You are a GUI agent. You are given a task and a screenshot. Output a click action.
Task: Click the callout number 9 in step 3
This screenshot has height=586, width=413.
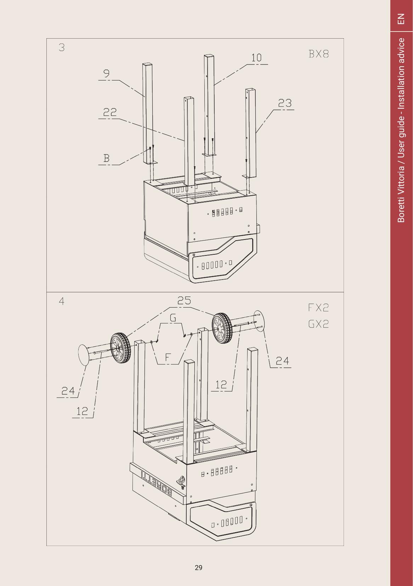[x=107, y=73]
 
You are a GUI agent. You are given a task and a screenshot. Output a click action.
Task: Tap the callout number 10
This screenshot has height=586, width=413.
[x=256, y=58]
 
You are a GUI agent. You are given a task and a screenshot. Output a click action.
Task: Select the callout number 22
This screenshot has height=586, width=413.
[x=110, y=112]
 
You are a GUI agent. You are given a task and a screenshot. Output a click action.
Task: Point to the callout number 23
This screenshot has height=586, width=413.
[x=285, y=103]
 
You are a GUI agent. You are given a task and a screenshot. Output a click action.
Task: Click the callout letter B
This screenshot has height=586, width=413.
[x=107, y=158]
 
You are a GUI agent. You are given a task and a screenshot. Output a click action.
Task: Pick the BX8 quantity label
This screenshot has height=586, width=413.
[x=318, y=54]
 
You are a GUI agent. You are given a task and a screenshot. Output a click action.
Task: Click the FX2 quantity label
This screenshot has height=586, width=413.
[x=318, y=308]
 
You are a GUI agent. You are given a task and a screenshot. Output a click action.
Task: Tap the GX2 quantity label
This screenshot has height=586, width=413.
[x=318, y=324]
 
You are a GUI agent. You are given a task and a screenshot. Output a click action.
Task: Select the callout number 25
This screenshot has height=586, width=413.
[x=184, y=300]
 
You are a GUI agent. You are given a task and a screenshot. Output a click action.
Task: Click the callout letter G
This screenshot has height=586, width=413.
[x=173, y=317]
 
